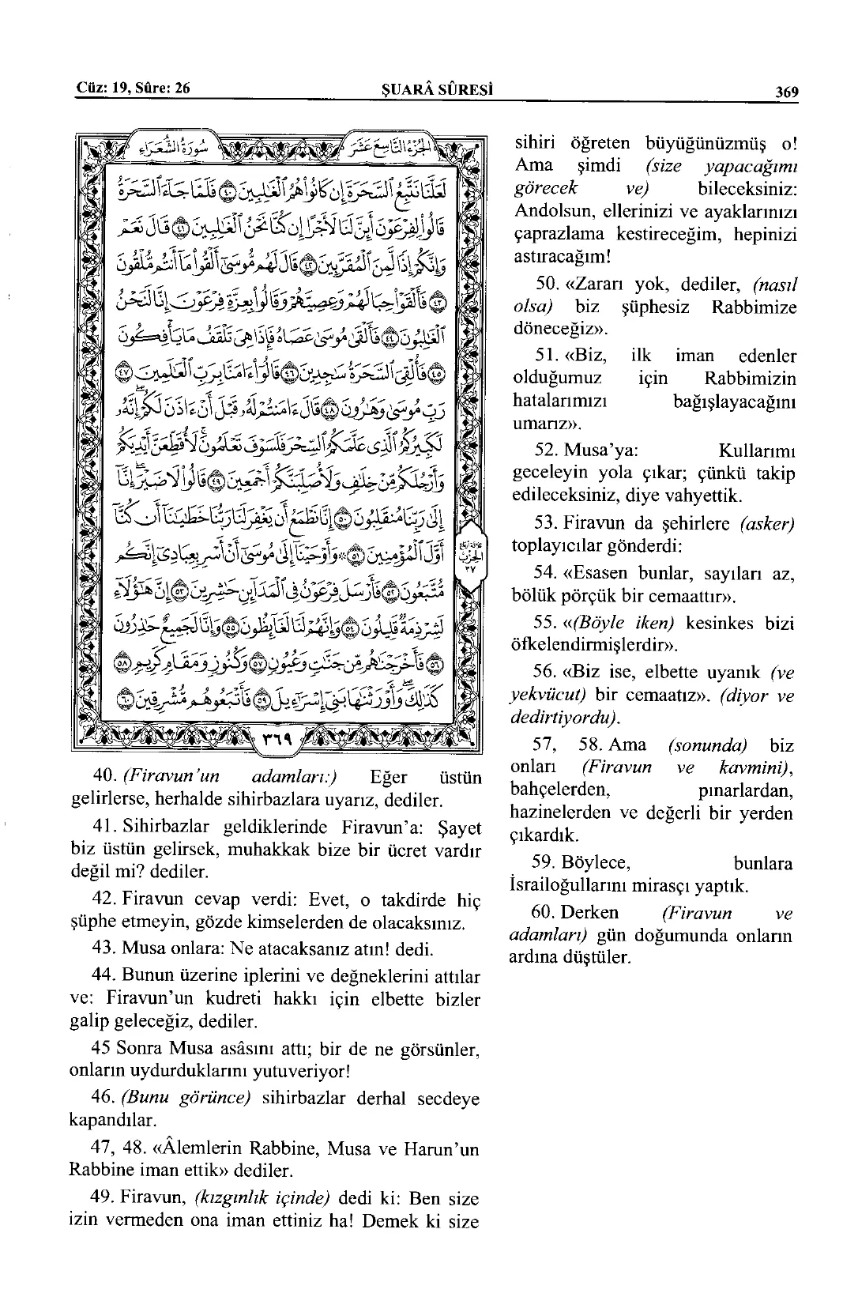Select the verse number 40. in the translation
coord(104,778)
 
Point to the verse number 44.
coord(104,978)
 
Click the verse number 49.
coord(104,1199)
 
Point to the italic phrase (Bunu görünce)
coord(185,1099)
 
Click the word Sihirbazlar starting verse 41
coord(165,828)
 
